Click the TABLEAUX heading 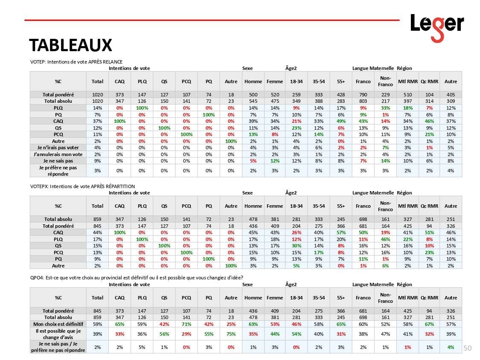pos(70,45)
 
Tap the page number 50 pos(467,348)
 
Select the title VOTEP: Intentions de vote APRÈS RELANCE pos(76,62)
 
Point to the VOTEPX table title pos(82,186)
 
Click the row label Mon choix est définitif pos(58,324)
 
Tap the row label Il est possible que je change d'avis pos(58,334)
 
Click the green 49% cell pos(340,122)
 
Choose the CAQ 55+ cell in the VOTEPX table pos(340,232)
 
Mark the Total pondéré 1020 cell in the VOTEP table pos(97,94)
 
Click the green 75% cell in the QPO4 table pos(231,334)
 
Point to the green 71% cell pos(186,324)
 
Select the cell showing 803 pos(363,101)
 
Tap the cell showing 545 pos(253,101)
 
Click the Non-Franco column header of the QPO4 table pos(385,298)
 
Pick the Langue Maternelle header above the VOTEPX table pos(373,193)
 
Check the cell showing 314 pos(430,101)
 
